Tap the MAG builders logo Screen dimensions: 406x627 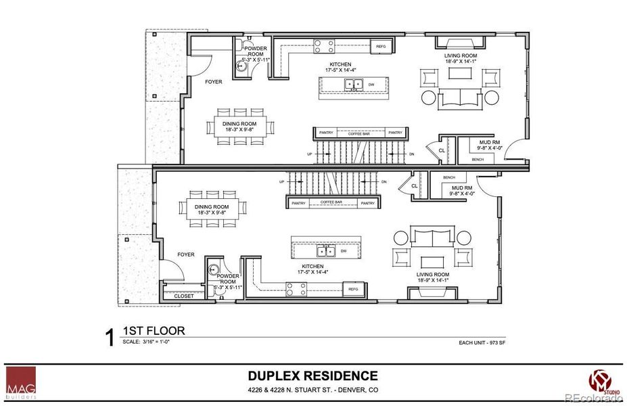click(x=21, y=383)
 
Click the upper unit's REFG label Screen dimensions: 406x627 click(x=381, y=47)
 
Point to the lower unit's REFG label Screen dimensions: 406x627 click(x=352, y=289)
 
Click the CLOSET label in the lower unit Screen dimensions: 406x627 click(x=184, y=296)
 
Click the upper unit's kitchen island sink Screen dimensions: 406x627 click(x=352, y=85)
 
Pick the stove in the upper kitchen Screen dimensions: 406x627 click(x=323, y=46)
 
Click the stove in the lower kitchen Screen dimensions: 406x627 click(x=296, y=289)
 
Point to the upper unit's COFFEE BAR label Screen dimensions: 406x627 click(x=359, y=133)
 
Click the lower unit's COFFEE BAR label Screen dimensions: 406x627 click(x=332, y=203)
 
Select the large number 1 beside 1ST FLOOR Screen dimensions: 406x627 click(x=109, y=338)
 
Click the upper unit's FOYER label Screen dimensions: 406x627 click(x=213, y=81)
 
